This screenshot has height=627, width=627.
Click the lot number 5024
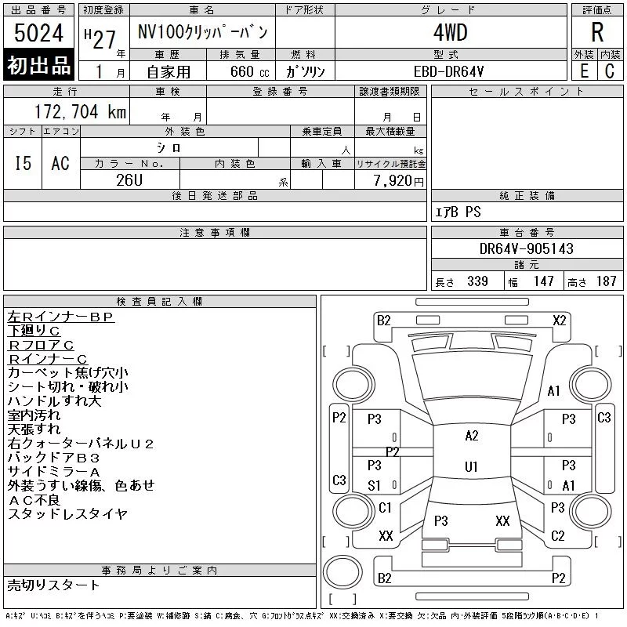point(38,33)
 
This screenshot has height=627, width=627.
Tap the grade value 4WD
point(450,32)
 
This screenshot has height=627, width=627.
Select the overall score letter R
point(597,32)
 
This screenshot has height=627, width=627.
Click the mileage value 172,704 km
point(80,112)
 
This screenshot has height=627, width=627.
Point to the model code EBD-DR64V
point(448,71)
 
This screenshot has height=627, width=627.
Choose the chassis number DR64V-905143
point(526,248)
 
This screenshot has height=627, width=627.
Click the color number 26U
point(129,180)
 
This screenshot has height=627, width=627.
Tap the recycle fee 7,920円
point(398,181)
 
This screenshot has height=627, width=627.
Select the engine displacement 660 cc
point(249,72)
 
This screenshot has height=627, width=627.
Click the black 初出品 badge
point(38,65)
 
